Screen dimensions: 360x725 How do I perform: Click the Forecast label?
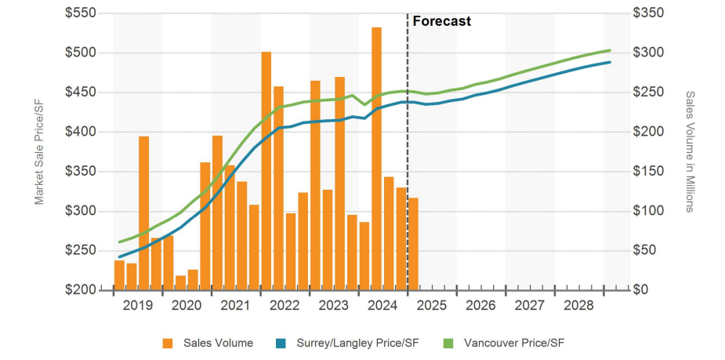pos(441,22)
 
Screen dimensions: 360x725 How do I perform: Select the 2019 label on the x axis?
pos(138,305)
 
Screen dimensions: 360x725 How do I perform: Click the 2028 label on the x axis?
pos(578,305)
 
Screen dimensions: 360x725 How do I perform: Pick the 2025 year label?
pos(432,305)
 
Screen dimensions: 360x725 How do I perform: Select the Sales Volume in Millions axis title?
pos(690,151)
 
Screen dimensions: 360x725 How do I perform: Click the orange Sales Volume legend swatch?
pos(168,343)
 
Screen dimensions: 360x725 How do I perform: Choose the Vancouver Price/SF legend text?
pos(513,343)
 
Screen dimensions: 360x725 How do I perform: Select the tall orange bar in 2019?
pos(144,212)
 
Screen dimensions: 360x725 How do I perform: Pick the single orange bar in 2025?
pos(413,243)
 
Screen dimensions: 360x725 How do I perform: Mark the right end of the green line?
pos(610,50)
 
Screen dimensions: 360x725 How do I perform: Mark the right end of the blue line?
pos(610,62)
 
